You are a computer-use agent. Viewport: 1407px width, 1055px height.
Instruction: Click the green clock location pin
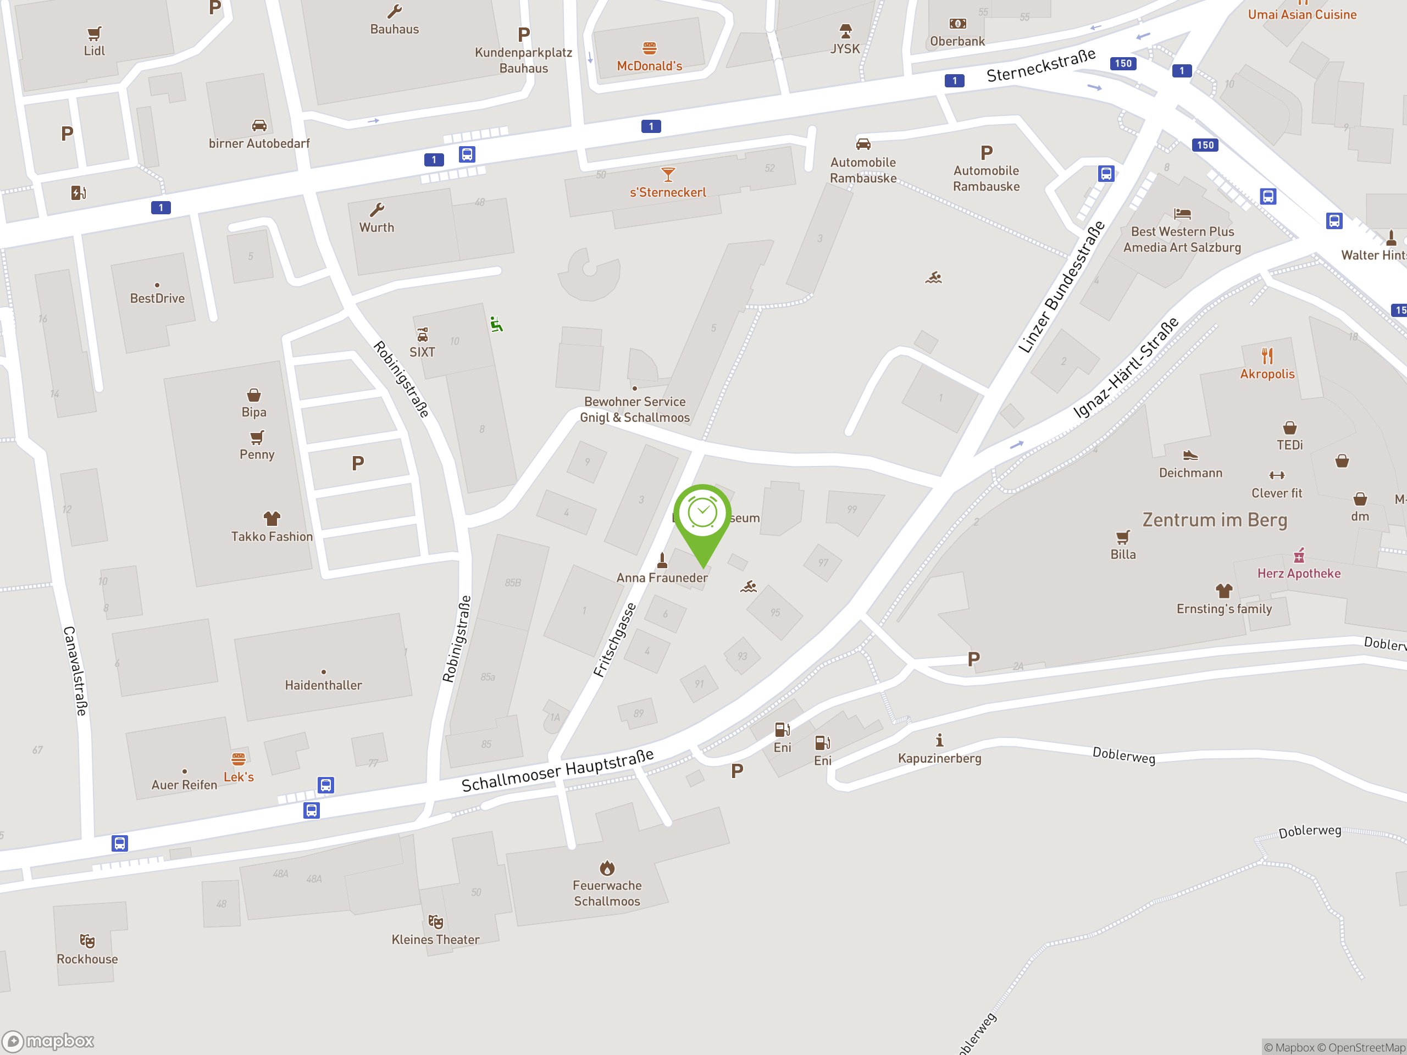tap(702, 514)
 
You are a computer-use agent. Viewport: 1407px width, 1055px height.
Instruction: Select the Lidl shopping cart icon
tap(94, 33)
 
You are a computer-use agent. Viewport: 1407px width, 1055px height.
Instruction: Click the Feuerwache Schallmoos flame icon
tap(607, 868)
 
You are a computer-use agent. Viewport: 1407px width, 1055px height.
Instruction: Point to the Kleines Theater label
tap(435, 939)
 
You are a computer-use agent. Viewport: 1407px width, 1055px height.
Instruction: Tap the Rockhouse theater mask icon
tap(87, 941)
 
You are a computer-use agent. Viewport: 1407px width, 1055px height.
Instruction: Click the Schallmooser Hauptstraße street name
tap(557, 771)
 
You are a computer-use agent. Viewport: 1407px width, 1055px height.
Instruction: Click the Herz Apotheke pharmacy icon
tap(1298, 556)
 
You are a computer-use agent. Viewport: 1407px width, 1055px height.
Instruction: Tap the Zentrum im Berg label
tap(1214, 520)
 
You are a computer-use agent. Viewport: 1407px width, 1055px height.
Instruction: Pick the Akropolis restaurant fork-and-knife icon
tap(1267, 356)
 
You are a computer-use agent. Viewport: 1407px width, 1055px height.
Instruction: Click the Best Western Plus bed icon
tap(1182, 214)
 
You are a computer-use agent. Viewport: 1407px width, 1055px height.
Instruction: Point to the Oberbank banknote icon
tap(957, 24)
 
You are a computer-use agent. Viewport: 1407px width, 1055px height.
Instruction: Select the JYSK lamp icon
tap(845, 31)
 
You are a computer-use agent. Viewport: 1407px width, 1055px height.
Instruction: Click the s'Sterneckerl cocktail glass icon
tap(667, 174)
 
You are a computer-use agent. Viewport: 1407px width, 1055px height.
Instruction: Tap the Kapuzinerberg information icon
tap(939, 740)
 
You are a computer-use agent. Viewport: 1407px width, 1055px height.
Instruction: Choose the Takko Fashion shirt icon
tap(272, 518)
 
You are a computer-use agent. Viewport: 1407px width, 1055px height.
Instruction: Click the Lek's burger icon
tap(239, 759)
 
